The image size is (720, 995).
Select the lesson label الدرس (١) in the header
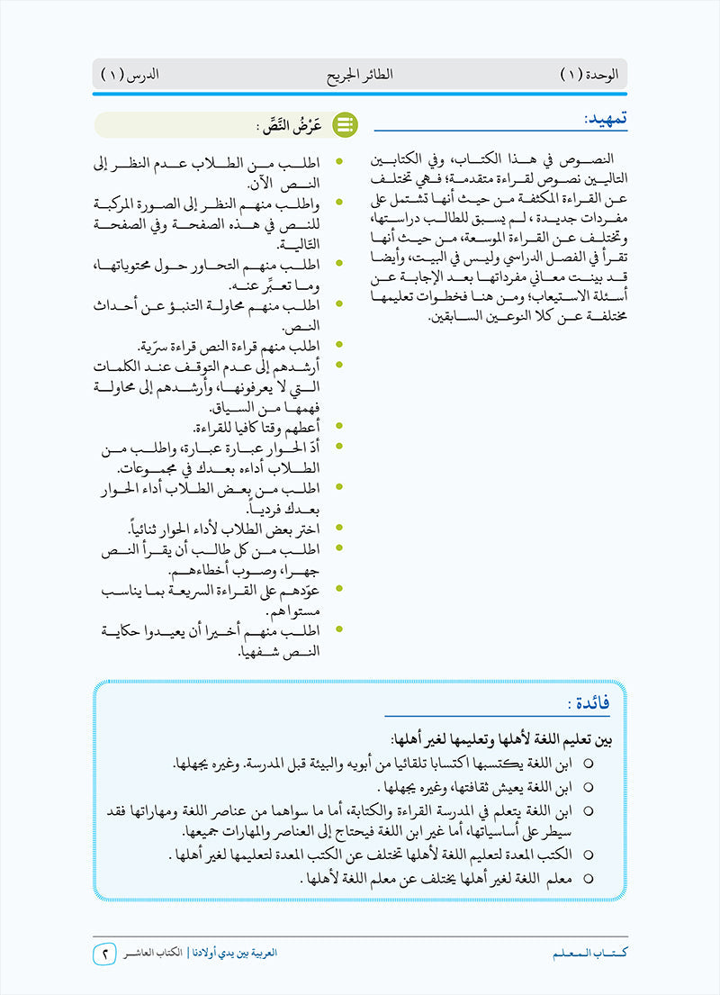click(129, 73)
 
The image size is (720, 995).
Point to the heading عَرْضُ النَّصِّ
click(290, 125)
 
